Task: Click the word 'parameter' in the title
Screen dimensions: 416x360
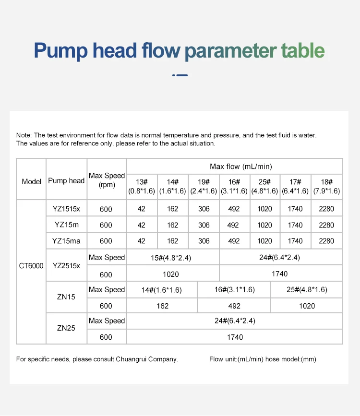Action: tap(230, 51)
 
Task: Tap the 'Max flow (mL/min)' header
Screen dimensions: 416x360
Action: tap(240, 166)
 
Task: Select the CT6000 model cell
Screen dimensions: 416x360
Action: tap(31, 265)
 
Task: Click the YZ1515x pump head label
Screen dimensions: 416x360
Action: tap(67, 209)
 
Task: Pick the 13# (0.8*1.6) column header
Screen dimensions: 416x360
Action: tap(141, 186)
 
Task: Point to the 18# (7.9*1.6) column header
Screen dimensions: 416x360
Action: tap(326, 186)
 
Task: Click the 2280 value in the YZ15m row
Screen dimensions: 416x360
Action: tap(326, 225)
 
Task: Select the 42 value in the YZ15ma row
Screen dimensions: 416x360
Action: tap(141, 241)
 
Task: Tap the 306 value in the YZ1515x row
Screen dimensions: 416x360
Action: tap(204, 209)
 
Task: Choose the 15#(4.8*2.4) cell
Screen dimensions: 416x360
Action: tap(171, 258)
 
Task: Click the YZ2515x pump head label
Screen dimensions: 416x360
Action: tap(67, 265)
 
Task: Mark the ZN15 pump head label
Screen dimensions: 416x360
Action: tap(66, 297)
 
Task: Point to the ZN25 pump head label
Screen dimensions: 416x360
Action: tap(66, 329)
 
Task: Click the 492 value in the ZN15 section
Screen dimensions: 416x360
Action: tap(234, 306)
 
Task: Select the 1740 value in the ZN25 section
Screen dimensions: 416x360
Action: tap(235, 337)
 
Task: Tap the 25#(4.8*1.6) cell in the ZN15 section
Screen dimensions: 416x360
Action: tap(307, 290)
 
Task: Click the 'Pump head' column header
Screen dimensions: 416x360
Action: tap(66, 181)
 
